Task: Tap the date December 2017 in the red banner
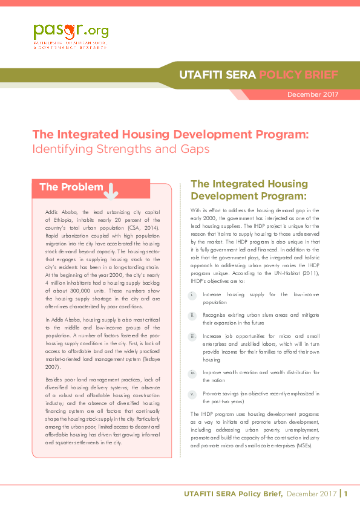[313, 94]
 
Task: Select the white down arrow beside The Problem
[112, 189]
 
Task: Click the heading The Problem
[71, 187]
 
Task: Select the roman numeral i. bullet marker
[192, 294]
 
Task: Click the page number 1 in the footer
[347, 494]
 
